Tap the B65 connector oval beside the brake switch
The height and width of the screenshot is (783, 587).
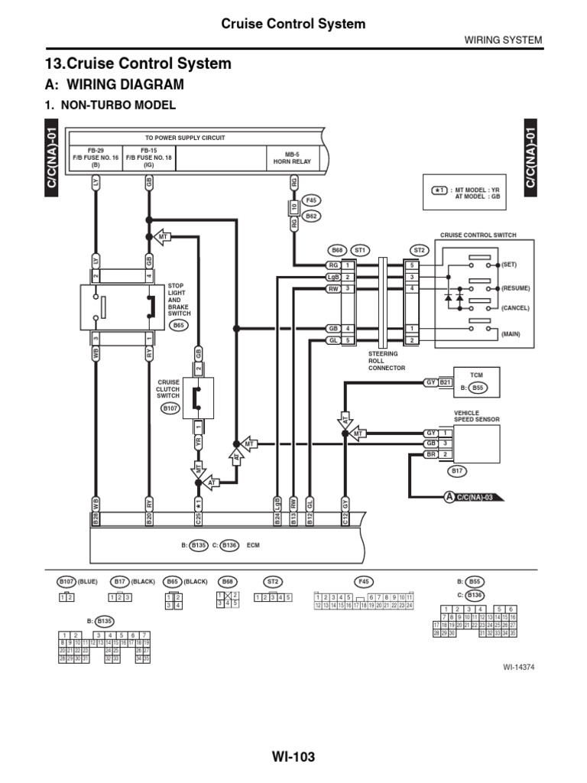[178, 325]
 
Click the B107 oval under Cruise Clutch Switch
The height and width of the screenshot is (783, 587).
[170, 409]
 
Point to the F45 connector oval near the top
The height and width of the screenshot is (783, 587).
[311, 200]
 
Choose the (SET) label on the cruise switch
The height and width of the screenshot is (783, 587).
[509, 264]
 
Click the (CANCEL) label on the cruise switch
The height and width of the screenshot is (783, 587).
[514, 307]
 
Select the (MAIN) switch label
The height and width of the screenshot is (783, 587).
[511, 335]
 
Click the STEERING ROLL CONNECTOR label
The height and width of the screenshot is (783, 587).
[386, 361]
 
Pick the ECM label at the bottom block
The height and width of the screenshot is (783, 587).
[254, 545]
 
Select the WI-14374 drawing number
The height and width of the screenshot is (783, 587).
[517, 667]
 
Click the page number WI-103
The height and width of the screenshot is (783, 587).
[293, 757]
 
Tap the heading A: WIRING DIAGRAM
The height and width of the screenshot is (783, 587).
[115, 84]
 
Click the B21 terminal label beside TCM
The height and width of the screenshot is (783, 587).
[446, 382]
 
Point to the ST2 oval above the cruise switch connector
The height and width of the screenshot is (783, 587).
[418, 249]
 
